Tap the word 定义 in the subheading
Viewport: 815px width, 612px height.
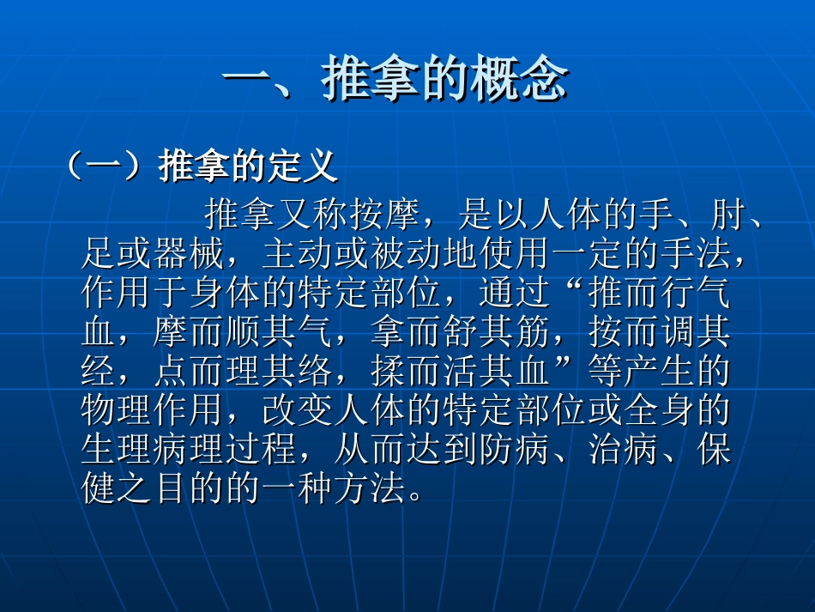303,167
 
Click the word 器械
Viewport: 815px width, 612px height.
190,254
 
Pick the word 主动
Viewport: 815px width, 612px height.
297,254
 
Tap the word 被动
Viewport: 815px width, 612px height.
405,254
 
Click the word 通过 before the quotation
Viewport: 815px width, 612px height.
513,294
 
